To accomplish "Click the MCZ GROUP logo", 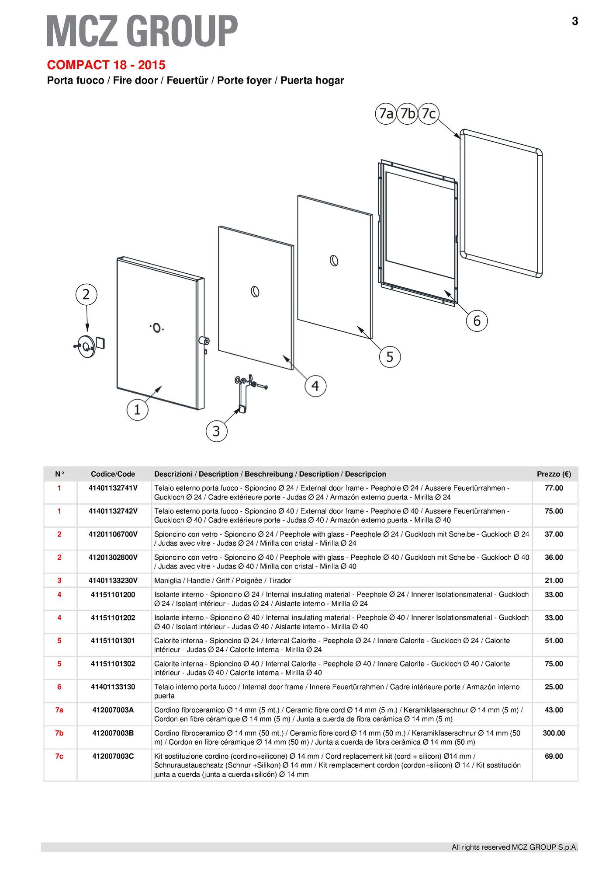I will pyautogui.click(x=142, y=31).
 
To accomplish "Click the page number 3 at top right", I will pyautogui.click(x=575, y=21).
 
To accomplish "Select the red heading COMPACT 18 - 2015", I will pyautogui.click(x=106, y=65).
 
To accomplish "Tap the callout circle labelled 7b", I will pyautogui.click(x=407, y=114).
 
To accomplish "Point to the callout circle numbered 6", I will pyautogui.click(x=477, y=321).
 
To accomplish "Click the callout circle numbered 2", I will pyautogui.click(x=86, y=294).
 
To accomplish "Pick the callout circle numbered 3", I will pyautogui.click(x=216, y=431).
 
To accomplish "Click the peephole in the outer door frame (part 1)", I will pyautogui.click(x=157, y=327).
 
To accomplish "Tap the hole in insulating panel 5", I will pyautogui.click(x=334, y=261).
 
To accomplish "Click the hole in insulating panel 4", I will pyautogui.click(x=256, y=291).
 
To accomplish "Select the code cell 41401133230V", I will pyautogui.click(x=113, y=580).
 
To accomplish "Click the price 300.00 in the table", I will pyautogui.click(x=554, y=733).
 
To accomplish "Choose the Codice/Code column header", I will pyautogui.click(x=113, y=474).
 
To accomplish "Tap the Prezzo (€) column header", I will pyautogui.click(x=554, y=474).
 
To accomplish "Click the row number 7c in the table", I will pyautogui.click(x=59, y=756).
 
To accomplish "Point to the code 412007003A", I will pyautogui.click(x=113, y=710).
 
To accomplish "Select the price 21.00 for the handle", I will pyautogui.click(x=554, y=580).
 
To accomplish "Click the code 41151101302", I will pyautogui.click(x=113, y=663).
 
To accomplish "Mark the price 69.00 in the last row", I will pyautogui.click(x=554, y=756).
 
